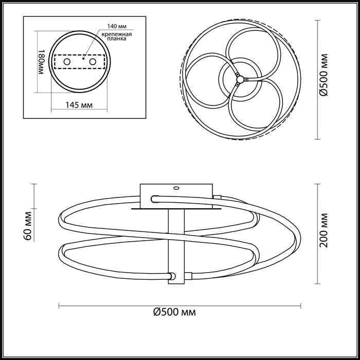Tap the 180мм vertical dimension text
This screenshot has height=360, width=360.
[43, 62]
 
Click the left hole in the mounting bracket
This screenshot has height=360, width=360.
[66, 62]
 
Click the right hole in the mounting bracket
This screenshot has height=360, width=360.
[93, 62]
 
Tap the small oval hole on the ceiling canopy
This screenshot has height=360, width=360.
[176, 188]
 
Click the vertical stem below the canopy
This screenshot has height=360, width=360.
[176, 237]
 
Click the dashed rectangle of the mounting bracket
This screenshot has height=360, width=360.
[80, 62]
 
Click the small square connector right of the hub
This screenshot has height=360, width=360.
[246, 79]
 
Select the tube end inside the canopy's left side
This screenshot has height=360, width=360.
[155, 198]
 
